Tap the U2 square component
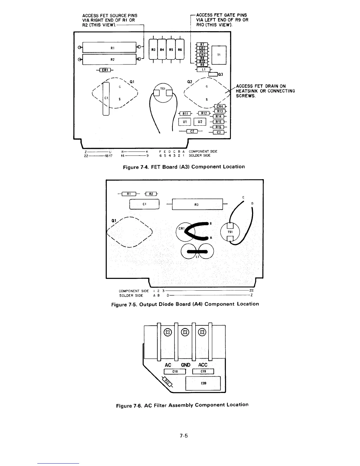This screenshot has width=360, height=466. pyautogui.click(x=200, y=122)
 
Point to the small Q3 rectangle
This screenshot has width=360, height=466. pyautogui.click(x=213, y=74)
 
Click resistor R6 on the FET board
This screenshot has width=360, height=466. pyautogui.click(x=180, y=50)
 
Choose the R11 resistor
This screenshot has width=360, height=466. pyautogui.click(x=185, y=114)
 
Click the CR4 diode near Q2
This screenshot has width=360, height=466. pyautogui.click(x=220, y=106)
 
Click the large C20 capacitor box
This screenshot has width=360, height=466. pyautogui.click(x=203, y=383)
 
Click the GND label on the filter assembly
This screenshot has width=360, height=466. pyautogui.click(x=186, y=365)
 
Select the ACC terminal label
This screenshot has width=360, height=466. pyautogui.click(x=203, y=365)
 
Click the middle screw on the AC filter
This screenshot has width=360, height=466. pyautogui.click(x=185, y=332)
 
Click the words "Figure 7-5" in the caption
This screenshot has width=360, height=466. pyautogui.click(x=124, y=304)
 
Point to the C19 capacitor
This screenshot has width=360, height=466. pyautogui.click(x=203, y=372)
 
